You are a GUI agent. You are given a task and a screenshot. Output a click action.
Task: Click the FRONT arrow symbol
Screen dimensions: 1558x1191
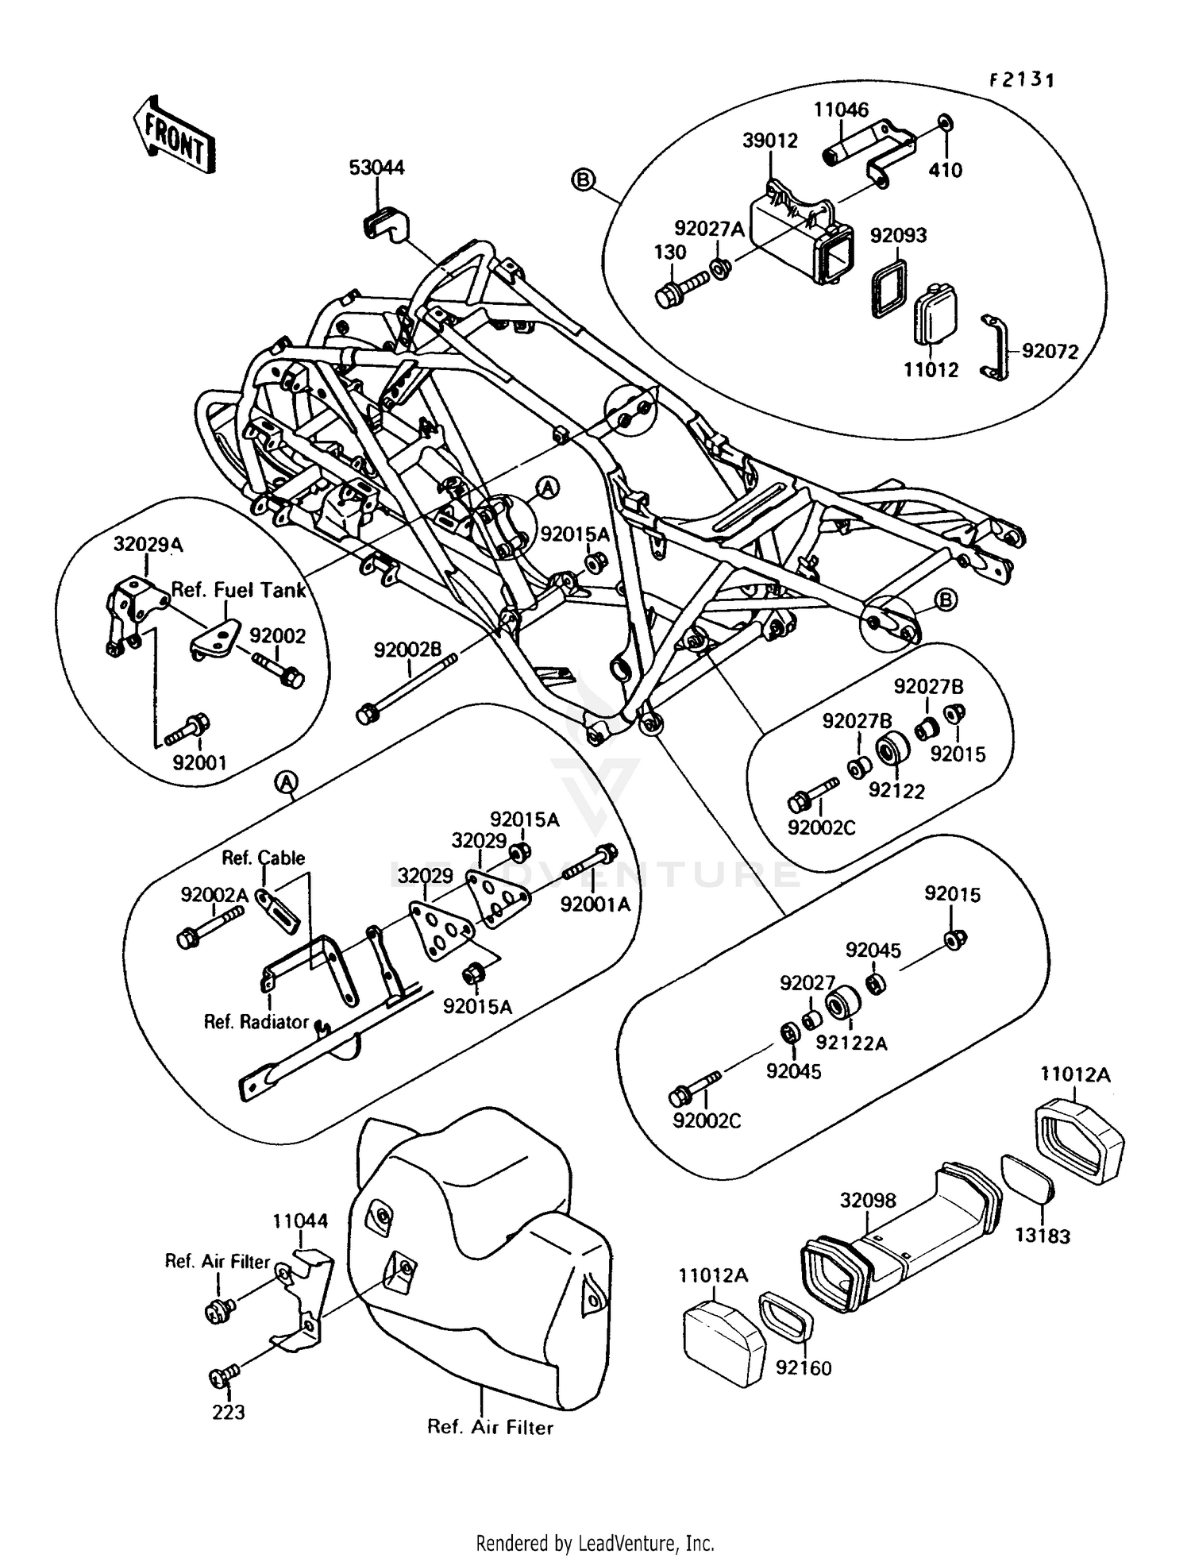click(173, 135)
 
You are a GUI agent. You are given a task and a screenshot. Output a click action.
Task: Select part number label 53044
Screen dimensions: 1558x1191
click(376, 168)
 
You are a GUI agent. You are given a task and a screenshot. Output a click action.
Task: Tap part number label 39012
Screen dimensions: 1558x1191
click(769, 141)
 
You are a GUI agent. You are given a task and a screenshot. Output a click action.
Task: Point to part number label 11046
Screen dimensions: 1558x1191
click(841, 110)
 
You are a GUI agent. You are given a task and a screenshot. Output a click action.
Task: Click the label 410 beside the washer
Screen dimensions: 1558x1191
click(945, 170)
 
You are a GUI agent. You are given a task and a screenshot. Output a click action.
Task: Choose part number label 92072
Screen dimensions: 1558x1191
click(1050, 351)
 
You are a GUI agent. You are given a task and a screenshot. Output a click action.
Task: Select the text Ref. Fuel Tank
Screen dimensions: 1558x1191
click(238, 590)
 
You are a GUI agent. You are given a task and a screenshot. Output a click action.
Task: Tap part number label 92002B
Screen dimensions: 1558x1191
click(407, 650)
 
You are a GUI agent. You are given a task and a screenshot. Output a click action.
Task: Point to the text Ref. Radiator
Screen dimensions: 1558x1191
click(256, 1023)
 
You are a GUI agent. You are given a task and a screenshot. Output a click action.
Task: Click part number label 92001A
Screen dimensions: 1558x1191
click(595, 904)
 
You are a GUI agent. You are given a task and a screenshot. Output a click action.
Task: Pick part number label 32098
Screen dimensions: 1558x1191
click(868, 1201)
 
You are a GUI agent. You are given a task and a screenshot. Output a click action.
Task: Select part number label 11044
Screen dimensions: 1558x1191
click(300, 1221)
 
